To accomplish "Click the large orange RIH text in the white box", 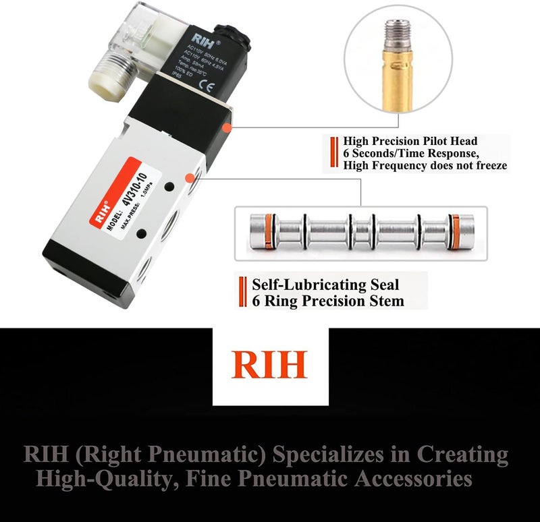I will coord(269,365).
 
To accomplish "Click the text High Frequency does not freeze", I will coord(425,165).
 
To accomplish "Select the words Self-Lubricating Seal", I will coord(325,285).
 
